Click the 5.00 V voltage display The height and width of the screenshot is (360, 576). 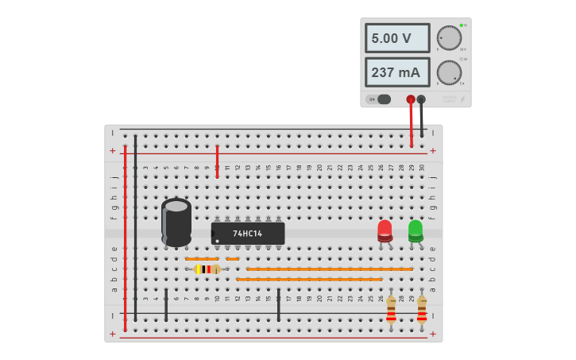coord(396,38)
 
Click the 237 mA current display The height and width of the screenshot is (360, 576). coord(396,72)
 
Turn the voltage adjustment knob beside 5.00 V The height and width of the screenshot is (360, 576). coord(449,38)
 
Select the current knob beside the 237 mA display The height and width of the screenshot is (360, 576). coord(449,73)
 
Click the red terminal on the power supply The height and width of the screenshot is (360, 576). coord(410,99)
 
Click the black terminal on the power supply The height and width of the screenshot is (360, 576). coord(421,99)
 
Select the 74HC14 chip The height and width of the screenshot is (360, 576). coord(248,234)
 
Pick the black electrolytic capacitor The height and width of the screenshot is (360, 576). coord(176,222)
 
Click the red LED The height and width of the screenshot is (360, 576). coord(385,230)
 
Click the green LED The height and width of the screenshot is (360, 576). coord(416,230)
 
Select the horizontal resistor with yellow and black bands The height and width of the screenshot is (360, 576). coord(207,269)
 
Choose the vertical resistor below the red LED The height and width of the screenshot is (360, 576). coord(391,309)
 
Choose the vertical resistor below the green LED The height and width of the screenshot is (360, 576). coord(422,309)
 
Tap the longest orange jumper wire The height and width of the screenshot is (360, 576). coord(330,269)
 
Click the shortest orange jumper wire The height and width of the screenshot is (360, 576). coord(232,259)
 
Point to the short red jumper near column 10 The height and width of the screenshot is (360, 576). coord(217,161)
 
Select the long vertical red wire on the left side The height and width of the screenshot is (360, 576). coord(125,238)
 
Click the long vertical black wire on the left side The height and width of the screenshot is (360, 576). coord(135,230)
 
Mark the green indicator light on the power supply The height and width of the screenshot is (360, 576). coord(461,25)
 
